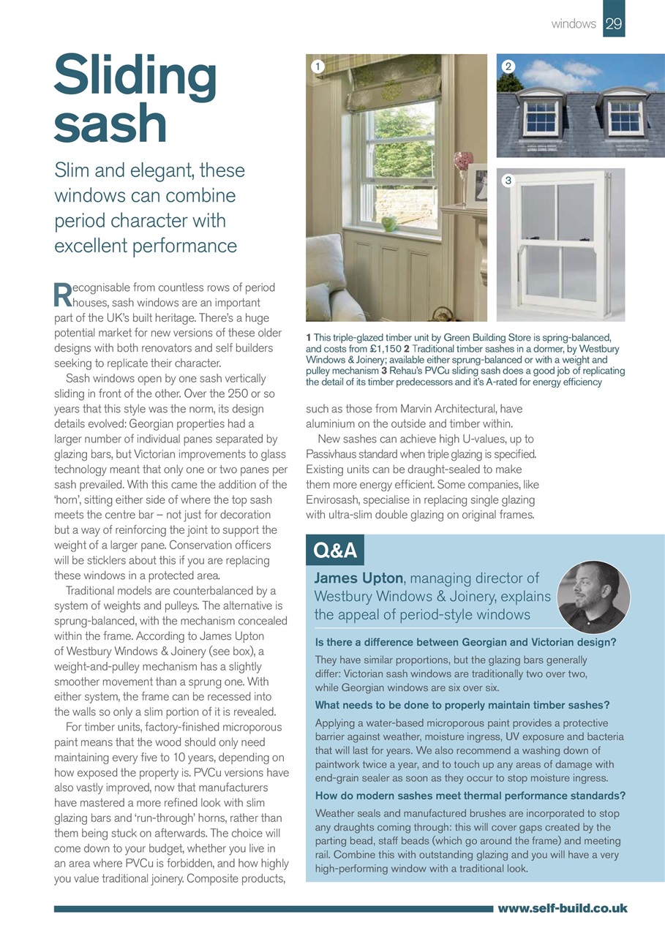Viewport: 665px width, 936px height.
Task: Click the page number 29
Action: (x=614, y=23)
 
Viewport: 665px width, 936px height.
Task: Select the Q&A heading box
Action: (x=334, y=551)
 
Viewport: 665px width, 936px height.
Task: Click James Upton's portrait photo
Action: (x=593, y=597)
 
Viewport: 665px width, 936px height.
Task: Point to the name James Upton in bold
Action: (x=358, y=579)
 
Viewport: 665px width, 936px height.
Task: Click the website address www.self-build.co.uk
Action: (x=562, y=908)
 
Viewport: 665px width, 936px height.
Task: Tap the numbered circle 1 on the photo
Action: (x=318, y=66)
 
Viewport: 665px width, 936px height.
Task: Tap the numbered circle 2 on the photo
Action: (x=509, y=66)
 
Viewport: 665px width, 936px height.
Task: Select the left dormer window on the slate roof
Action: (x=542, y=115)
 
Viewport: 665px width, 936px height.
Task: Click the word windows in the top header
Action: (x=574, y=23)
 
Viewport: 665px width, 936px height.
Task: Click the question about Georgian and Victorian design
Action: (x=465, y=643)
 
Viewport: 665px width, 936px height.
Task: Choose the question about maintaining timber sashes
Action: (x=462, y=705)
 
